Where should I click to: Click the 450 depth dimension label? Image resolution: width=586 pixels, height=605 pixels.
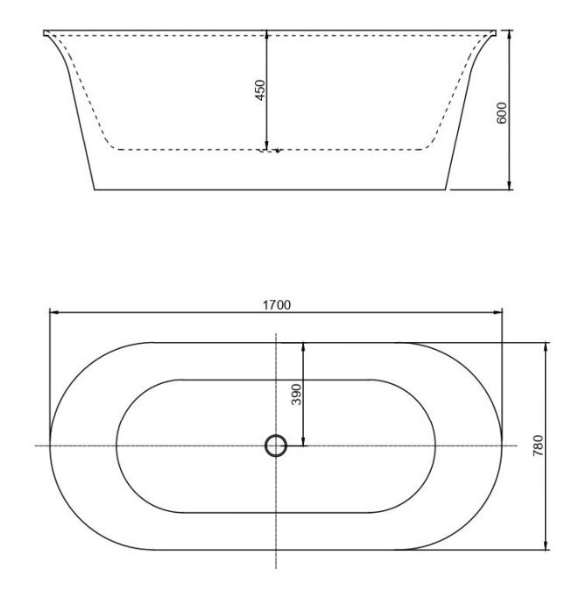tap(260, 91)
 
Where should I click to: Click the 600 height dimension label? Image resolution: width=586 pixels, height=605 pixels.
tap(503, 111)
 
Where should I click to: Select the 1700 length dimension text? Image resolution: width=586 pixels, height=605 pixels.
tap(277, 304)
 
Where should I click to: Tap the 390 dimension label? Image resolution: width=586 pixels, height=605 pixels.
tap(296, 394)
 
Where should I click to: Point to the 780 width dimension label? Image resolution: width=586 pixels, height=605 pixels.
tap(538, 445)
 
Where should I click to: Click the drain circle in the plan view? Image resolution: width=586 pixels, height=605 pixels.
tap(276, 446)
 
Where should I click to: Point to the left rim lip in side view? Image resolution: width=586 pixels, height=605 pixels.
tap(47, 34)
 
